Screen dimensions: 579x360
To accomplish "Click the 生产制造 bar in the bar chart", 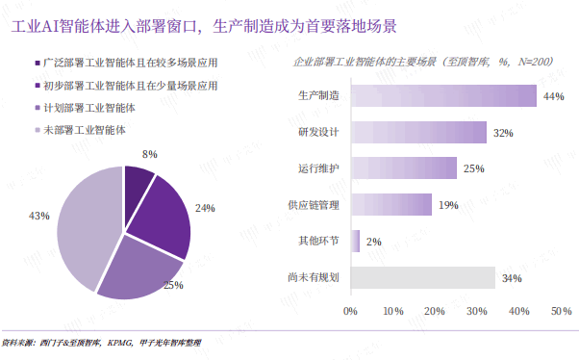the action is [x=443, y=95].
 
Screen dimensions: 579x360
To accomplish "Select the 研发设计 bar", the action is [x=418, y=132].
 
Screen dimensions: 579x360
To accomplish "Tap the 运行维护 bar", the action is [x=404, y=168].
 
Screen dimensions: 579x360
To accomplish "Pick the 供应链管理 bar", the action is [x=391, y=204].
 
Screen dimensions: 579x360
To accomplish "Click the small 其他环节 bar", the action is [x=355, y=241].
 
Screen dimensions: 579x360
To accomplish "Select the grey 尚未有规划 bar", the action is [x=423, y=277].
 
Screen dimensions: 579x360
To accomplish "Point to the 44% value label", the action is [x=554, y=96].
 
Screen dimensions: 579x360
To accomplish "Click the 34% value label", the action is [x=512, y=278].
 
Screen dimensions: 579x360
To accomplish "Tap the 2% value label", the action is [x=374, y=242].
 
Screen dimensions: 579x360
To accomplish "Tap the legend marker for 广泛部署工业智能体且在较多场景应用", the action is [x=38, y=64].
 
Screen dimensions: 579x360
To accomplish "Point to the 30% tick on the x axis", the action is [x=477, y=311].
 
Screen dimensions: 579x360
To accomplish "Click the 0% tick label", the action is [x=350, y=311].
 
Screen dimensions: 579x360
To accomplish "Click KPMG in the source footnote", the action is [x=119, y=343].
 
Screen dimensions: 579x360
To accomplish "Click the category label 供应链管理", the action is [x=314, y=205].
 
